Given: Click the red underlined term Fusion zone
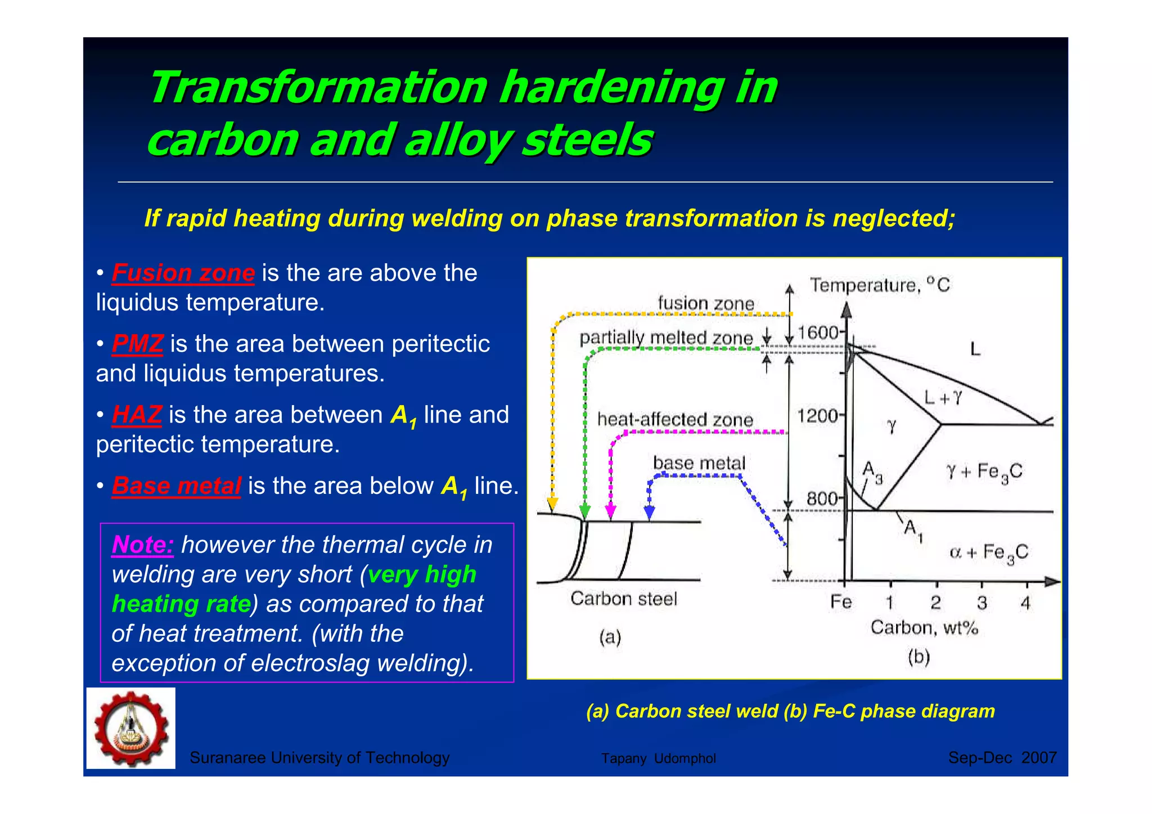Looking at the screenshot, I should (x=183, y=273).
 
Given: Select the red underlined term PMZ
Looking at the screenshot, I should (x=137, y=344).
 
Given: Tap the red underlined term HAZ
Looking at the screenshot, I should (x=137, y=415).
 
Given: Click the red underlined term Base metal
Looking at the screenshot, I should (x=176, y=486).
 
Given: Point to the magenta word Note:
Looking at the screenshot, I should (x=142, y=545).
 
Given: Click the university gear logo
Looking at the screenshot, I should (x=131, y=728).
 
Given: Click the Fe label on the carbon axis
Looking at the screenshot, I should (x=841, y=602).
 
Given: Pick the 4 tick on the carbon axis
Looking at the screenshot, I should (x=1025, y=603).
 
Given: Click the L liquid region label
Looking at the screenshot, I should (x=975, y=349).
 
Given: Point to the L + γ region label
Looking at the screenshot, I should (x=943, y=398).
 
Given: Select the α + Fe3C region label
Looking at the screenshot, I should (x=989, y=553).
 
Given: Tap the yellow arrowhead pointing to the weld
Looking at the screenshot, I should (x=552, y=504).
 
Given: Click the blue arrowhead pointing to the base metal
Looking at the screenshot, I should (x=649, y=512).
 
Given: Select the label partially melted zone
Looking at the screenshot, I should (x=666, y=338).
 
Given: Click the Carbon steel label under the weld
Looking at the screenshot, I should (x=623, y=599).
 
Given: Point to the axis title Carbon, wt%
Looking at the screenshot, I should (x=924, y=628).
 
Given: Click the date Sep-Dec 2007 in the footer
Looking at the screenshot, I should (x=1002, y=758).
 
